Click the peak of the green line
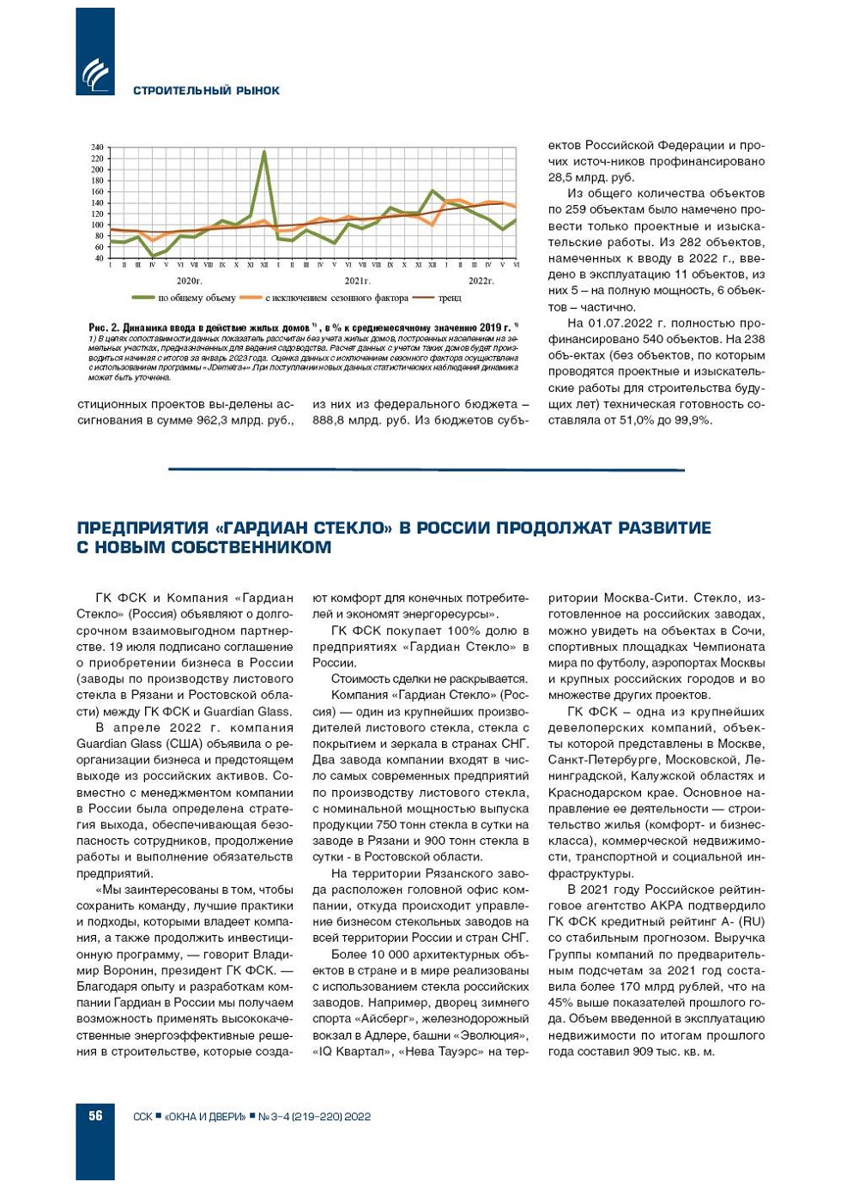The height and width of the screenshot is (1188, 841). point(263,153)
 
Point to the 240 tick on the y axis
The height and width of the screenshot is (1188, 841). point(97,148)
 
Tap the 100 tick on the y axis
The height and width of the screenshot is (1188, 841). point(97,225)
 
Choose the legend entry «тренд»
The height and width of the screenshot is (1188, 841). point(450,298)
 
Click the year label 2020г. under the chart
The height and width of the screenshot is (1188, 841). point(189,280)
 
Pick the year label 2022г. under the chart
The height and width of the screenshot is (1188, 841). point(481,280)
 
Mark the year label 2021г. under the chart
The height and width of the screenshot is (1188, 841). point(357,280)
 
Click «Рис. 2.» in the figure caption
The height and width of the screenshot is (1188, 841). point(103,328)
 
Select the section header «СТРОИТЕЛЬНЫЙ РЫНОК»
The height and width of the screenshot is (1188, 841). point(206,90)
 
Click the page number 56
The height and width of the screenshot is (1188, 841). point(94,1115)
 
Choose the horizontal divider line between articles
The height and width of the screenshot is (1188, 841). point(426,469)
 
